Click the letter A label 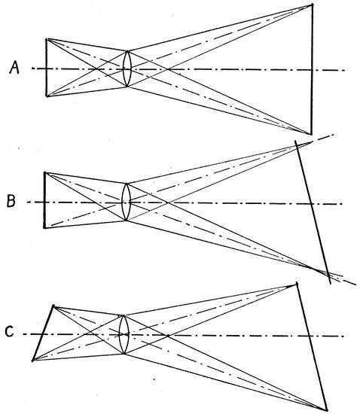14,67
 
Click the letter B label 11,201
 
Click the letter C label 10,331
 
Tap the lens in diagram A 127,68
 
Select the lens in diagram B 127,202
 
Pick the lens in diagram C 124,334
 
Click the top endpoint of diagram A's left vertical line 47,39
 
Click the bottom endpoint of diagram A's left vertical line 47,96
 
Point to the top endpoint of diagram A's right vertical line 313,5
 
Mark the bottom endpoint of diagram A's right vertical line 312,134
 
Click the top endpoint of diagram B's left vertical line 44,172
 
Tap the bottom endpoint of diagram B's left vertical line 44,227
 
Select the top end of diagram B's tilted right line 295,141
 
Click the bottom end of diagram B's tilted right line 331,284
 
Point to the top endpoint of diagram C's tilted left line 53,306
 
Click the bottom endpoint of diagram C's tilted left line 32,360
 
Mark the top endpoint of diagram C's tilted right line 297,284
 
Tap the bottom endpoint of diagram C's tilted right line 327,409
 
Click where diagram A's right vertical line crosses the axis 312,70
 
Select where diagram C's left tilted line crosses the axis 42,334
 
